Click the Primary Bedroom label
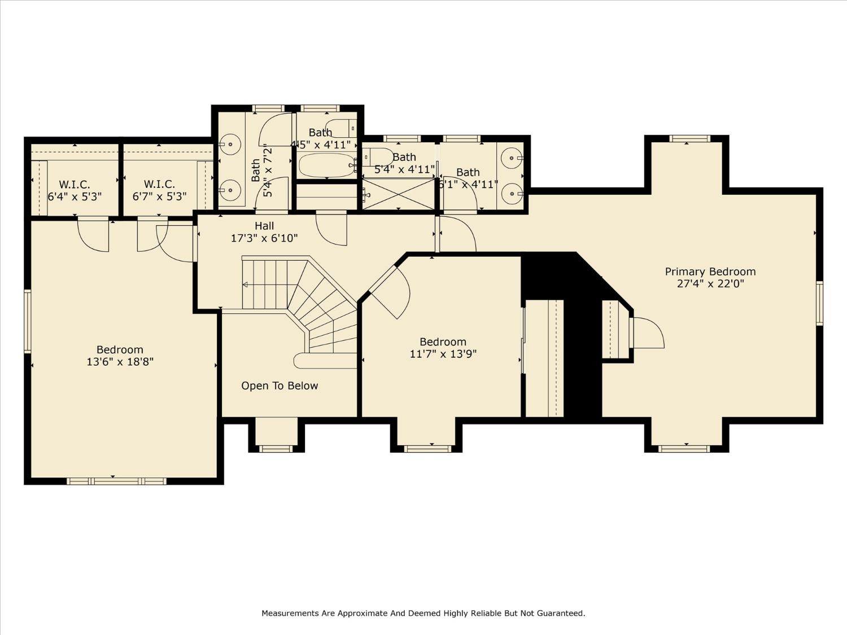click(710, 271)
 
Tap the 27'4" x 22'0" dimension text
click(710, 284)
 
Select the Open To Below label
click(280, 386)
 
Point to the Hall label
click(264, 226)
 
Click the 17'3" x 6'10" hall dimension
click(264, 238)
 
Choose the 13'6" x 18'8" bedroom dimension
click(120, 362)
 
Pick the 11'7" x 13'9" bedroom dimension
click(443, 354)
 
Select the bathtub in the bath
click(327, 165)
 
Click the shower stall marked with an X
click(399, 194)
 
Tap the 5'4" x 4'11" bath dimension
click(404, 169)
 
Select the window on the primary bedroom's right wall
click(819, 304)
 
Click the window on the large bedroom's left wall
click(28, 321)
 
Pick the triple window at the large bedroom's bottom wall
click(116, 481)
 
